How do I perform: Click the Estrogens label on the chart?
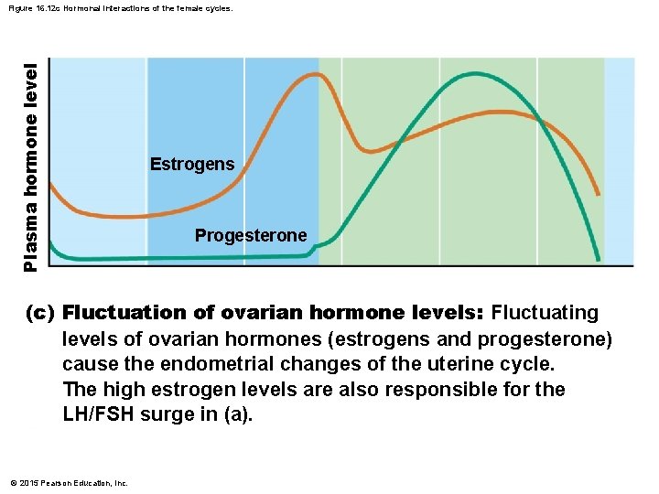click(192, 165)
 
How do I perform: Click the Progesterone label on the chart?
click(251, 236)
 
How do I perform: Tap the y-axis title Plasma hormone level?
click(31, 166)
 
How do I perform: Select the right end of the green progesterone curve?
click(599, 260)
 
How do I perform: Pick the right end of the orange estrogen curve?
click(599, 194)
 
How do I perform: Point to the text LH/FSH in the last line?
click(100, 415)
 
